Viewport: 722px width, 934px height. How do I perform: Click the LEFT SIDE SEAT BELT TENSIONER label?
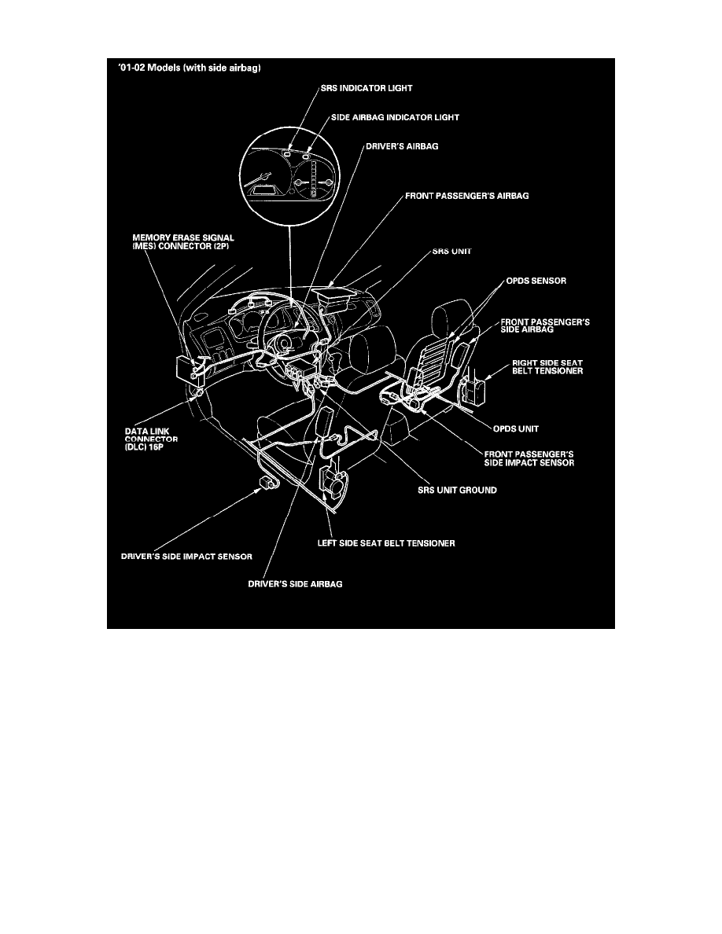[381, 542]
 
